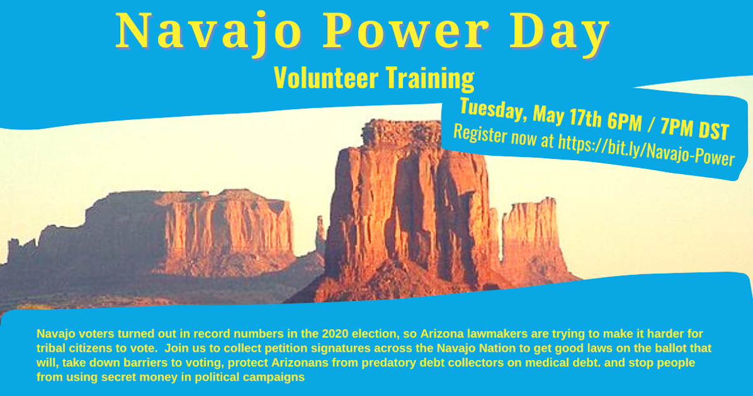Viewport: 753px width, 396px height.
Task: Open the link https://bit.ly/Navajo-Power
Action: click(645, 149)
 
